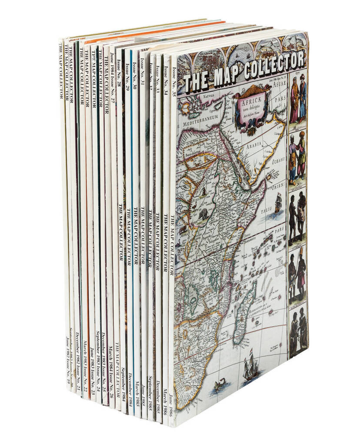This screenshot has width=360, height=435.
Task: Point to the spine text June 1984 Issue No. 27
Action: pyautogui.click(x=112, y=76)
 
